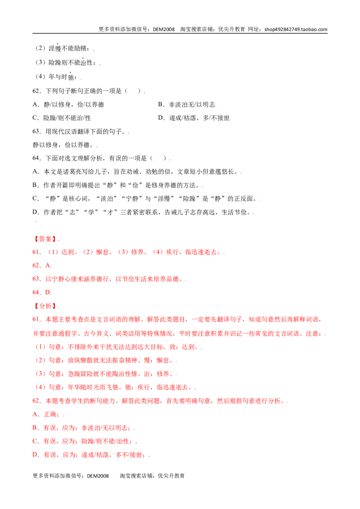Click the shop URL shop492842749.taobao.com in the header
[296, 29]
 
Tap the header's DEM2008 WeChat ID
[164, 29]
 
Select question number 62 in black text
[36, 91]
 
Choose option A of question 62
[68, 104]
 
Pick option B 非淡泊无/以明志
[187, 104]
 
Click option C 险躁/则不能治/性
[62, 118]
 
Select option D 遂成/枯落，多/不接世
[194, 118]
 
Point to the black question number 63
[36, 131]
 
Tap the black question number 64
[36, 158]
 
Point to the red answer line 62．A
[41, 266]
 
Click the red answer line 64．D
[41, 292]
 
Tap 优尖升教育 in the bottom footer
[171, 476]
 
